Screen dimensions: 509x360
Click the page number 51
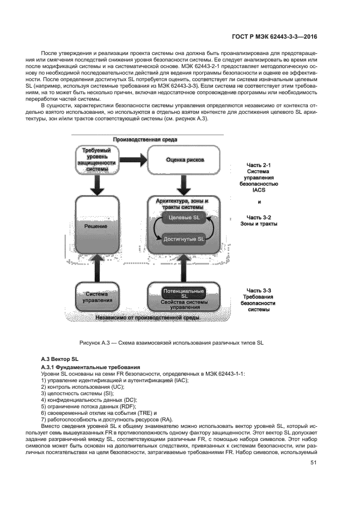tap(313, 463)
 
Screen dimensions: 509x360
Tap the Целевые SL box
tap(182, 218)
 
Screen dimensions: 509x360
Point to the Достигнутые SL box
tap(184, 239)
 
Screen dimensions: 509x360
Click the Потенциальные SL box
tap(184, 293)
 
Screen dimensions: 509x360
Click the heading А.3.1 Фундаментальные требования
tap(91, 367)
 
